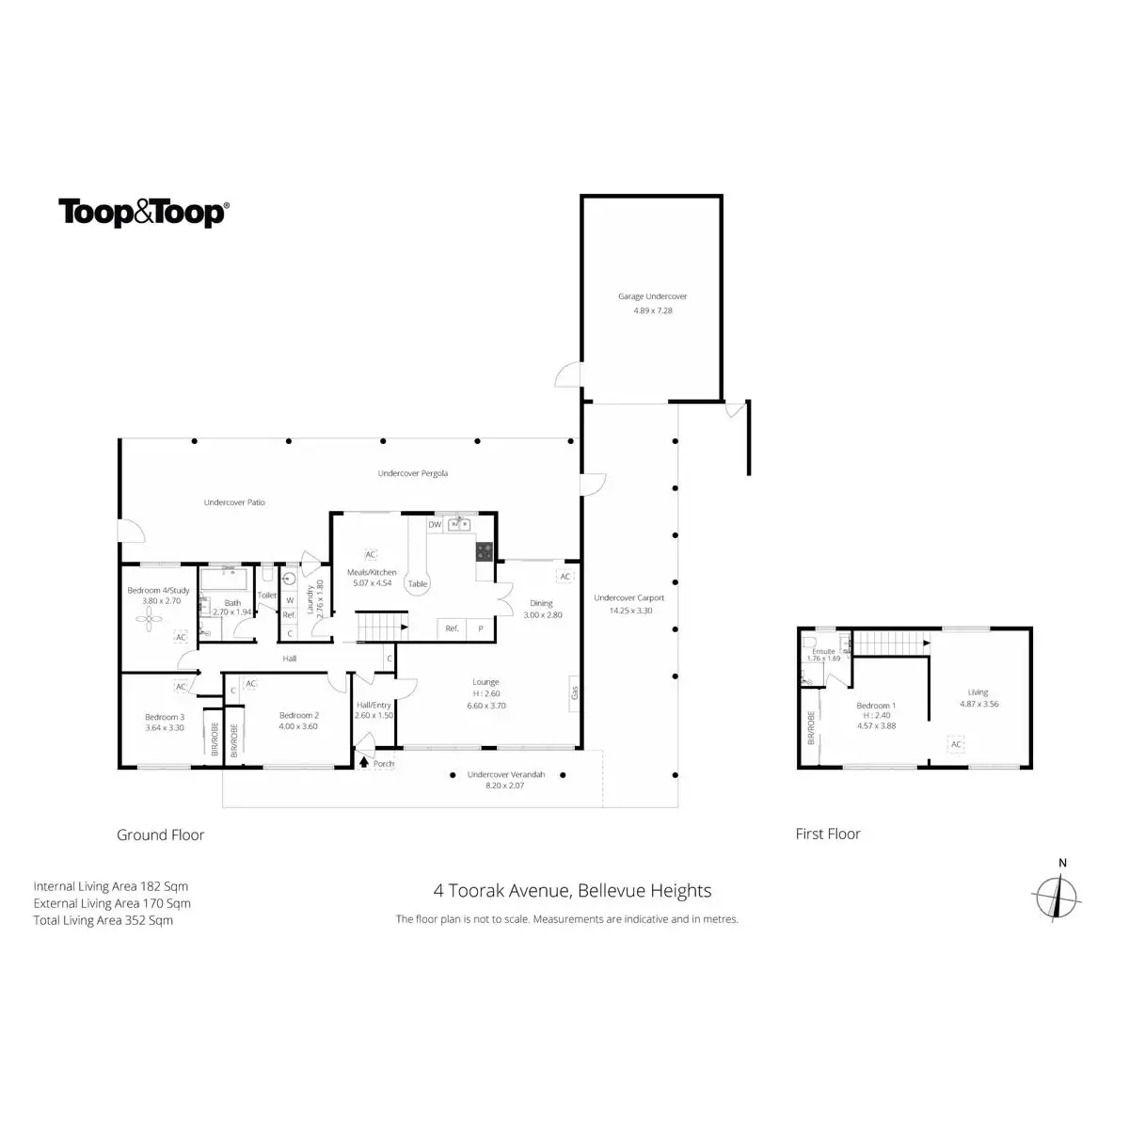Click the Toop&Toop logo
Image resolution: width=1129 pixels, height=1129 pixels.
143,213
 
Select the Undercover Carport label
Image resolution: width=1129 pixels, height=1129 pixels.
629,597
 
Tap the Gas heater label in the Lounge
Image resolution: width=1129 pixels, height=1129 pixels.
573,692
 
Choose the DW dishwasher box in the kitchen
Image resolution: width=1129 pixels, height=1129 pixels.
435,524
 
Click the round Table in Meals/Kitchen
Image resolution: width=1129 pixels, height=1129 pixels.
417,583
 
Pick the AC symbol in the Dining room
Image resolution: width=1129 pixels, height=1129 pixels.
565,576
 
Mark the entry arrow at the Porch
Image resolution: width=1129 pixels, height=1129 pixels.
364,763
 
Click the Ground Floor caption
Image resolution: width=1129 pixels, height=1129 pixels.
160,835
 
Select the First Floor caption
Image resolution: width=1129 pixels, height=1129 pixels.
828,834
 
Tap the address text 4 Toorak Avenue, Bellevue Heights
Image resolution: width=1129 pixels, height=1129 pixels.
572,890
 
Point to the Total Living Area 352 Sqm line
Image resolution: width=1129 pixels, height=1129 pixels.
103,920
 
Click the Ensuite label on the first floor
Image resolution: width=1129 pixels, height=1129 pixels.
823,651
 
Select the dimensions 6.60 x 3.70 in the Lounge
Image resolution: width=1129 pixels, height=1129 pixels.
486,705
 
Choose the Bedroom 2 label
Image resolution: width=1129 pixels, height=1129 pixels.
298,715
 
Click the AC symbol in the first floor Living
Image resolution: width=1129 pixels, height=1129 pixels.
956,744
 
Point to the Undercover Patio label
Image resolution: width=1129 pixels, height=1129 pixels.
234,502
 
